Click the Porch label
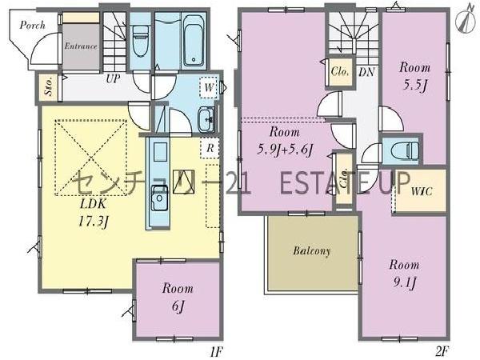(x=33, y=25)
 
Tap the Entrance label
(x=81, y=46)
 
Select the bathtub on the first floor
(x=194, y=41)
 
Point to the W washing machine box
(x=209, y=87)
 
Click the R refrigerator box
(x=210, y=148)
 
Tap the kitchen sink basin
(x=159, y=198)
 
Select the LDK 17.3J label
(x=93, y=213)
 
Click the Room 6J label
(x=178, y=297)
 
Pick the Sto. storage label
(x=49, y=86)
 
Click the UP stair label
(x=114, y=78)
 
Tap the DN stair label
(x=366, y=72)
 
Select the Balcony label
(x=312, y=251)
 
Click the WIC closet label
(x=422, y=192)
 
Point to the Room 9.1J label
(x=404, y=274)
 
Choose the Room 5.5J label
(x=414, y=77)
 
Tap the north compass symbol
(x=465, y=18)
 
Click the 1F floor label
(x=217, y=352)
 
